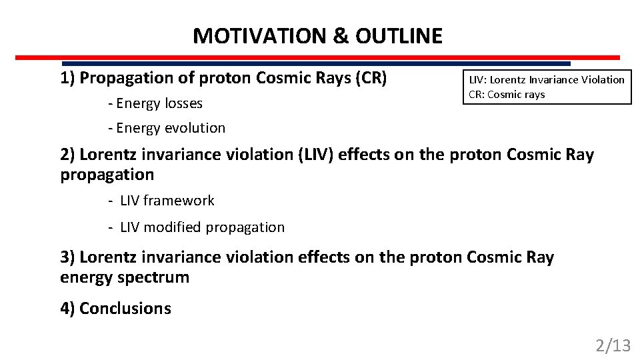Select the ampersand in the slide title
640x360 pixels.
[x=340, y=36]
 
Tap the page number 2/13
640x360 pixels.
[x=613, y=345]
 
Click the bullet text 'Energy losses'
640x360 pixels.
[x=159, y=103]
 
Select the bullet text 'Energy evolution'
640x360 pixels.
[x=171, y=127]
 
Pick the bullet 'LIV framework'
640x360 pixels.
[x=167, y=201]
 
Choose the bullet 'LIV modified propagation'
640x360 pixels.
[x=202, y=227]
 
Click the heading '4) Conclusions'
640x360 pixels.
[x=115, y=308]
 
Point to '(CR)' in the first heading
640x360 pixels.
[x=371, y=78]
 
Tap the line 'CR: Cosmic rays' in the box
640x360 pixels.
[x=507, y=94]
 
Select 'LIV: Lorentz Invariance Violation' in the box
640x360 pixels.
[x=547, y=79]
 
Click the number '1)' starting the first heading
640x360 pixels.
[x=68, y=78]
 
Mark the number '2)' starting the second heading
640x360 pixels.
[x=68, y=155]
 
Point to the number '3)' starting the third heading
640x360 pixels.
[x=68, y=257]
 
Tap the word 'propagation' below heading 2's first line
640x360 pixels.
[x=107, y=175]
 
